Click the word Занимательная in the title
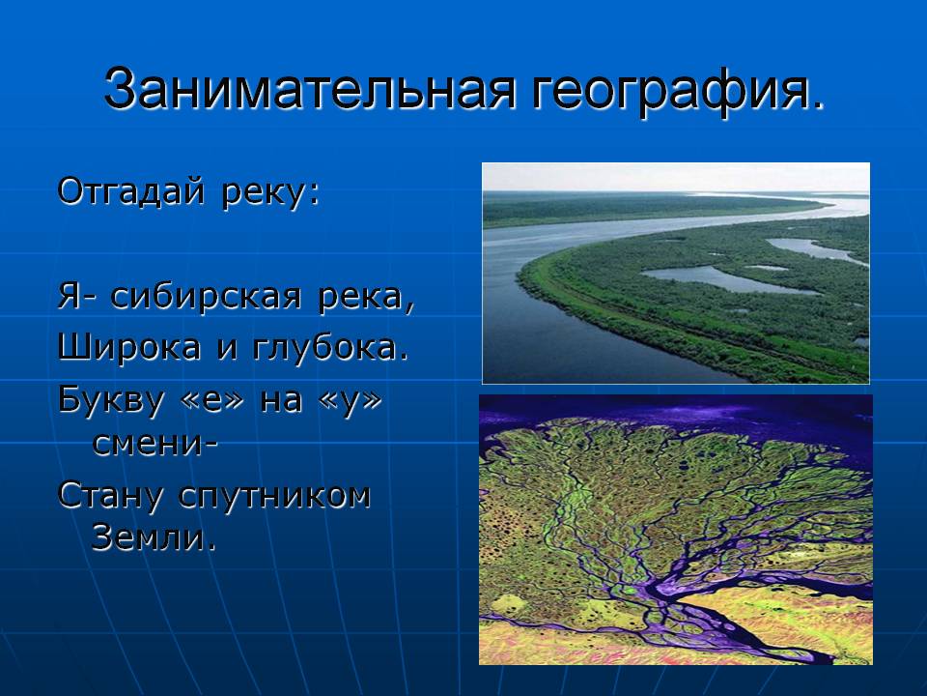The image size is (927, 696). click(x=310, y=89)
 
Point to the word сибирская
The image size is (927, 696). click(x=206, y=296)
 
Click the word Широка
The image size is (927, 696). click(x=128, y=347)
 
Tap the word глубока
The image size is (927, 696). click(x=330, y=347)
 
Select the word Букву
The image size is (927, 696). click(x=110, y=400)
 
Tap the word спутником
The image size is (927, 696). click(x=274, y=497)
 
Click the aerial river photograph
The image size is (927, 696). click(x=676, y=274)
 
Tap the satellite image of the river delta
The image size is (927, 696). click(x=676, y=530)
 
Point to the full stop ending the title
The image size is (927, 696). click(x=818, y=106)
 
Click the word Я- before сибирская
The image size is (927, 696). click(x=76, y=296)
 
